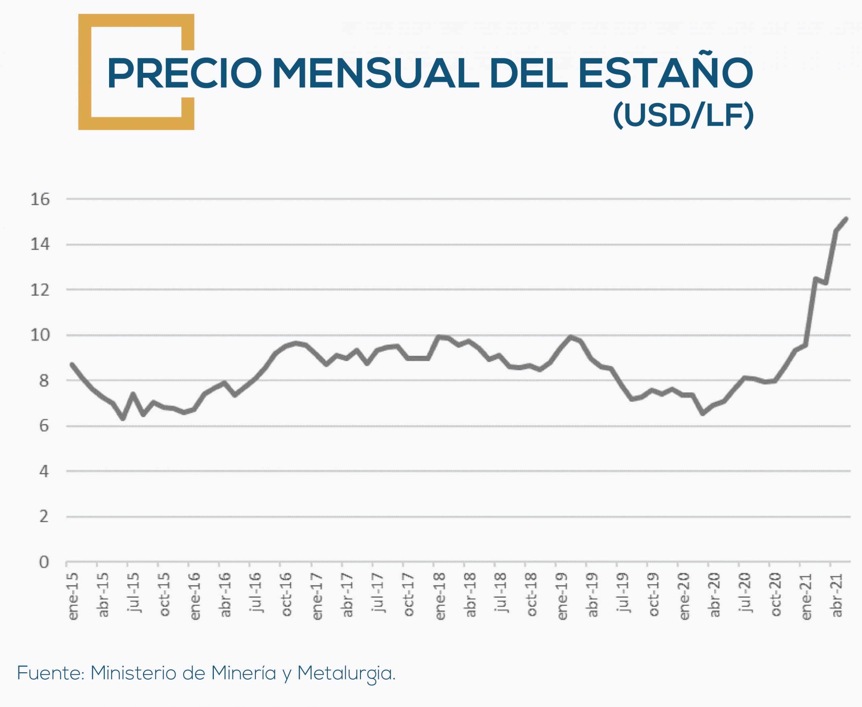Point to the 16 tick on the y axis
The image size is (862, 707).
40,199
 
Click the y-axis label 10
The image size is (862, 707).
40,335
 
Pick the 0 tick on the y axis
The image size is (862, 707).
43,562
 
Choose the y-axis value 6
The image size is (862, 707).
43,426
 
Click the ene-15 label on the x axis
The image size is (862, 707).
73,596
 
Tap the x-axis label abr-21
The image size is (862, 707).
836,595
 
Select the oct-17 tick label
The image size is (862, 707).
409,595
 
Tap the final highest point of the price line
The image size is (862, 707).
846,219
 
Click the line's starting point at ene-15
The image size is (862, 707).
72,364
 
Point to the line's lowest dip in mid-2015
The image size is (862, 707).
123,418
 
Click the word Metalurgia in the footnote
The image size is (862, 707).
346,674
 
